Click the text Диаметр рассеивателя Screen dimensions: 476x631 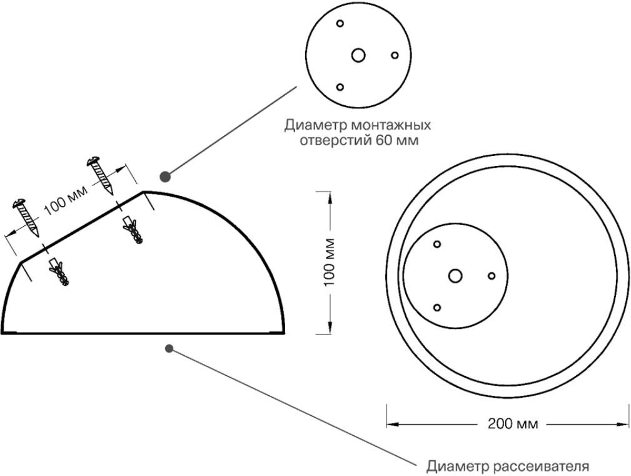tap(507, 466)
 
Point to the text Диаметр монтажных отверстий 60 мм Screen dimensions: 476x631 tap(358, 132)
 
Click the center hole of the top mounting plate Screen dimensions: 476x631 tap(358, 55)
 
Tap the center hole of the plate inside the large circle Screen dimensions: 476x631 tap(455, 276)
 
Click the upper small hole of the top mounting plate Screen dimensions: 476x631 tap(340, 24)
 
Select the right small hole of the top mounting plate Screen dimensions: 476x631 tap(395, 55)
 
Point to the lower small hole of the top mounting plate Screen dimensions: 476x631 tap(340, 87)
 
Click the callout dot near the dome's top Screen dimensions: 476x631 tap(166, 176)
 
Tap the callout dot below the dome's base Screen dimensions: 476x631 tap(169, 348)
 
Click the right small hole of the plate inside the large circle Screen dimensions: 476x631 tap(492, 276)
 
